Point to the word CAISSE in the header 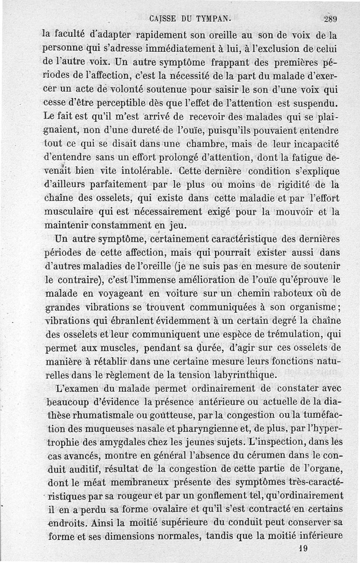tap(162, 19)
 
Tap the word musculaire tap(74, 212)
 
